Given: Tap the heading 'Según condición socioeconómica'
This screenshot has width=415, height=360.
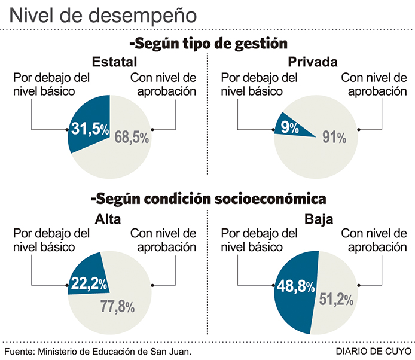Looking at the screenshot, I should click(208, 198).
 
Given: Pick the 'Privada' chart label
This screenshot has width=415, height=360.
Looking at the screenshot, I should click(313, 62).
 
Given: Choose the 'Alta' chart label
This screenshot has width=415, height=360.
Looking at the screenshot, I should click(108, 219).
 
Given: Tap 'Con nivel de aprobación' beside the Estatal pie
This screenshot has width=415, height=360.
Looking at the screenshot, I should click(163, 84).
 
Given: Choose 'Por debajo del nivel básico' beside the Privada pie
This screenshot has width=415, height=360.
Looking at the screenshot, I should click(260, 84).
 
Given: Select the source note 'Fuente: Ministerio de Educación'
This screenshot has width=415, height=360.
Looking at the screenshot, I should click(97, 351).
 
